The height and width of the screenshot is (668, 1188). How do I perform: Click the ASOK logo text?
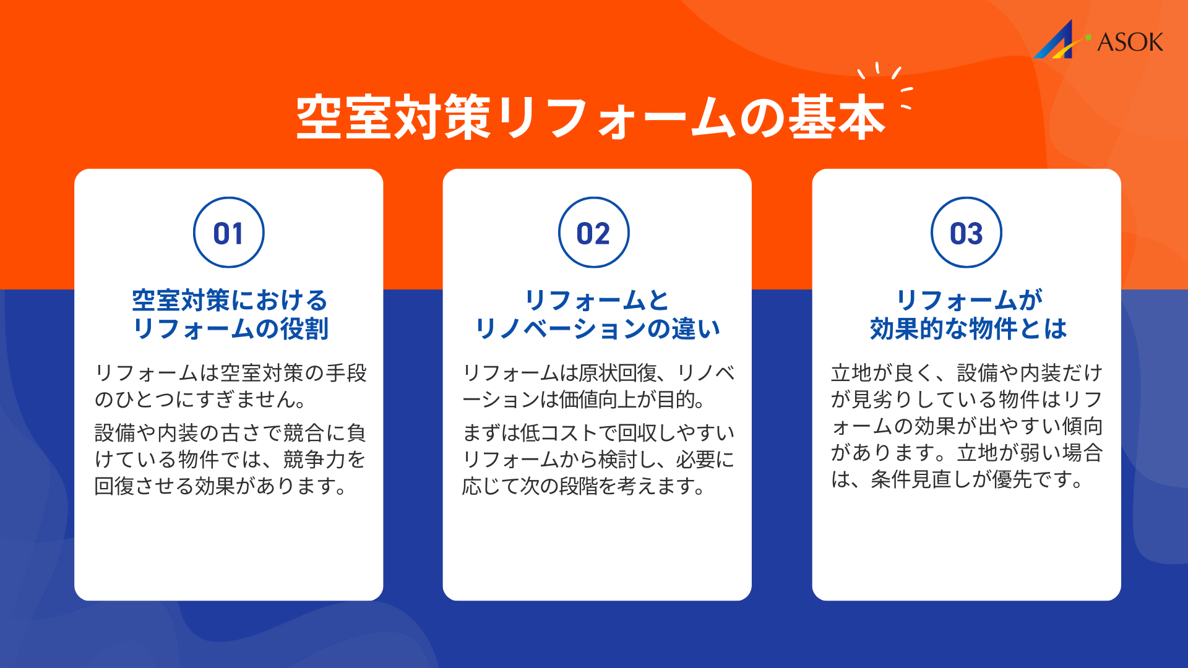click(x=1130, y=42)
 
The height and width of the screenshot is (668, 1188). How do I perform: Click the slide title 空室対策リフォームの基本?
click(x=591, y=117)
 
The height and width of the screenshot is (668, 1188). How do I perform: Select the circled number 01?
click(x=229, y=233)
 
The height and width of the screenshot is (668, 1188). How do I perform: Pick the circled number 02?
click(x=594, y=233)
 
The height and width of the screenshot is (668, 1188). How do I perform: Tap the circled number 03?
click(x=966, y=233)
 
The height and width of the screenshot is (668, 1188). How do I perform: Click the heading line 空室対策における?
click(x=230, y=301)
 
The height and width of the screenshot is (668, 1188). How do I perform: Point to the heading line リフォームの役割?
click(x=230, y=328)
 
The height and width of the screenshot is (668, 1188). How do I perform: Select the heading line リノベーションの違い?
click(x=598, y=328)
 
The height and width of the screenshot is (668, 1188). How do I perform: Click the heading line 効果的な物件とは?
click(x=968, y=328)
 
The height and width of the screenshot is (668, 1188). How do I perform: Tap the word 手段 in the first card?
click(x=346, y=373)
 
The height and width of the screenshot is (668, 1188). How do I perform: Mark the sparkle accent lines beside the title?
click(x=885, y=86)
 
